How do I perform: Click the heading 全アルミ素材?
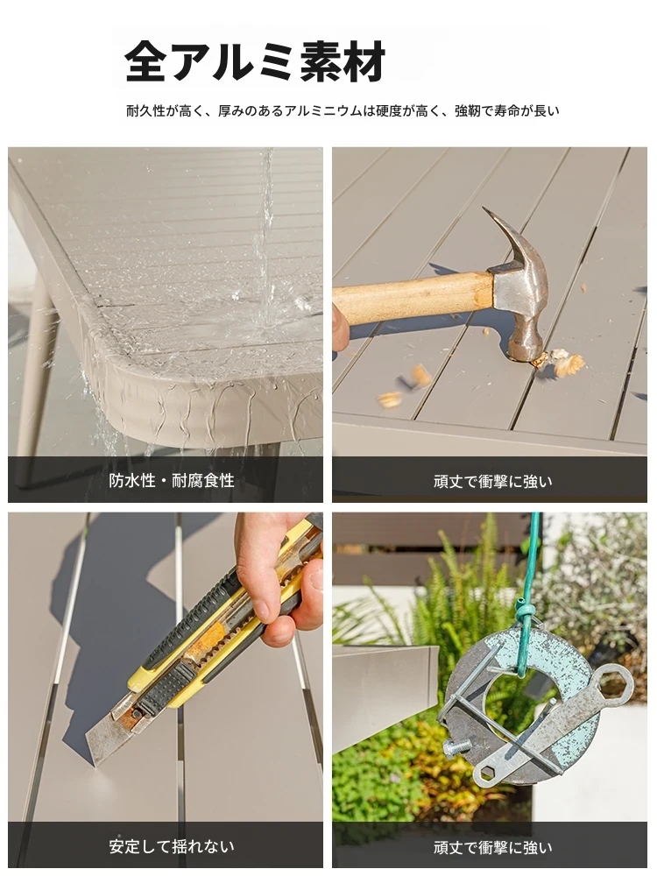255,61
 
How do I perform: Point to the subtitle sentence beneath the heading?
343,110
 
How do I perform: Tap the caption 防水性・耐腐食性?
172,480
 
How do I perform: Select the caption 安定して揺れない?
172,846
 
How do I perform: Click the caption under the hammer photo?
492,481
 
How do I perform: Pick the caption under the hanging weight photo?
492,847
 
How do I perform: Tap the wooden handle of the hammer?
413,297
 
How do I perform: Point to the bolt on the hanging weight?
457,747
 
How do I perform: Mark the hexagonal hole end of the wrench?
487,774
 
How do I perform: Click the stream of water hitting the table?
265,235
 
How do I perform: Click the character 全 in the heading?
145,61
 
